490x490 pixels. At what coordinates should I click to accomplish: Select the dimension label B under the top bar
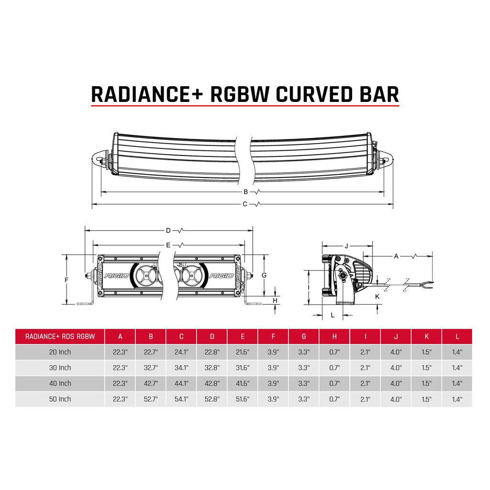click(x=245, y=192)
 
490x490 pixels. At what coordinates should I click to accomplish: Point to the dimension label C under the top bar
click(x=245, y=204)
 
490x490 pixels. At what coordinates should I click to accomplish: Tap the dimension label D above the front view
click(x=168, y=231)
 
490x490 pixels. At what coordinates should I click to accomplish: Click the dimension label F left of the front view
click(x=67, y=279)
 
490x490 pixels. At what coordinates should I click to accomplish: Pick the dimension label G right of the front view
click(x=264, y=275)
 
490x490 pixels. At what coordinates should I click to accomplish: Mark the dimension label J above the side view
click(x=346, y=246)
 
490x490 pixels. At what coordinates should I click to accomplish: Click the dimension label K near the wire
click(x=377, y=297)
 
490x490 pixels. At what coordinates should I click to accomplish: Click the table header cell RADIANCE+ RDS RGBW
click(x=60, y=336)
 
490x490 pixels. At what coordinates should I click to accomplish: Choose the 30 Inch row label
click(x=60, y=367)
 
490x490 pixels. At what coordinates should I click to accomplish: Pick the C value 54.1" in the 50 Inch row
click(x=181, y=399)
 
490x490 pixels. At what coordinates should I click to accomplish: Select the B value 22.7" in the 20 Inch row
click(x=151, y=352)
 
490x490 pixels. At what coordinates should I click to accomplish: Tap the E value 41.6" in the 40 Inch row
click(x=243, y=383)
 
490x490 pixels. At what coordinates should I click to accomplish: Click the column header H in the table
click(x=334, y=336)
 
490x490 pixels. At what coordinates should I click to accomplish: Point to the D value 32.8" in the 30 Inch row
click(x=212, y=367)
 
